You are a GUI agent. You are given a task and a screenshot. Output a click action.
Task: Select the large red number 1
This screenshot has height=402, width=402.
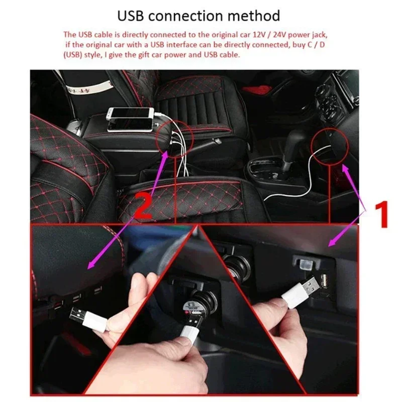[382, 214]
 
